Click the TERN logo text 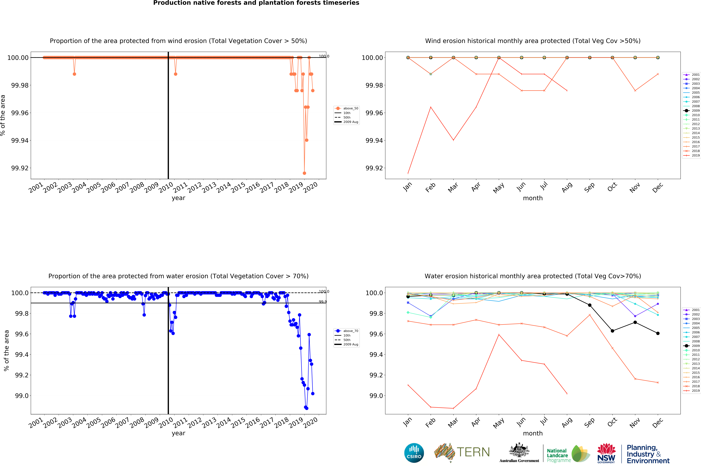tap(473, 452)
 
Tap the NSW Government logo tap(606, 453)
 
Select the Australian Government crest tap(519, 451)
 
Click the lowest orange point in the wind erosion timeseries tap(304, 173)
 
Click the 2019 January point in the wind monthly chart tap(408, 173)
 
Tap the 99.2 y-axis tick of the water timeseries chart tap(22, 375)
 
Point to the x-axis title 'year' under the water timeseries tap(178, 433)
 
